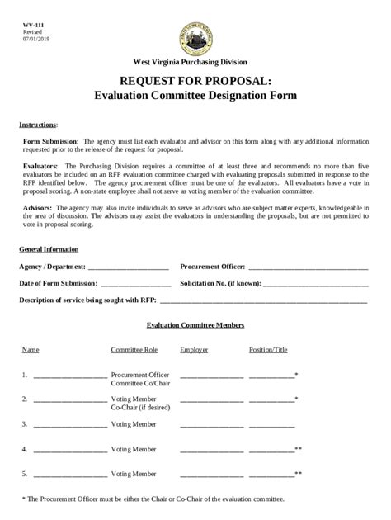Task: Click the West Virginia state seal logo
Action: (195, 34)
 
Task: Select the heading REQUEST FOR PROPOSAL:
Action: (195, 80)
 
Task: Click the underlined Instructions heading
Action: (37, 125)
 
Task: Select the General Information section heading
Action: (49, 249)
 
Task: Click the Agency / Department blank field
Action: (128, 268)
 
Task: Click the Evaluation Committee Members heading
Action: (195, 326)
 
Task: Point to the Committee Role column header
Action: (134, 350)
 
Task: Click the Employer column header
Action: (194, 350)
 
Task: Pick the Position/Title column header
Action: (268, 350)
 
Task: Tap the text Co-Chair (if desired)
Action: (140, 408)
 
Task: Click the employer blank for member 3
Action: (211, 426)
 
